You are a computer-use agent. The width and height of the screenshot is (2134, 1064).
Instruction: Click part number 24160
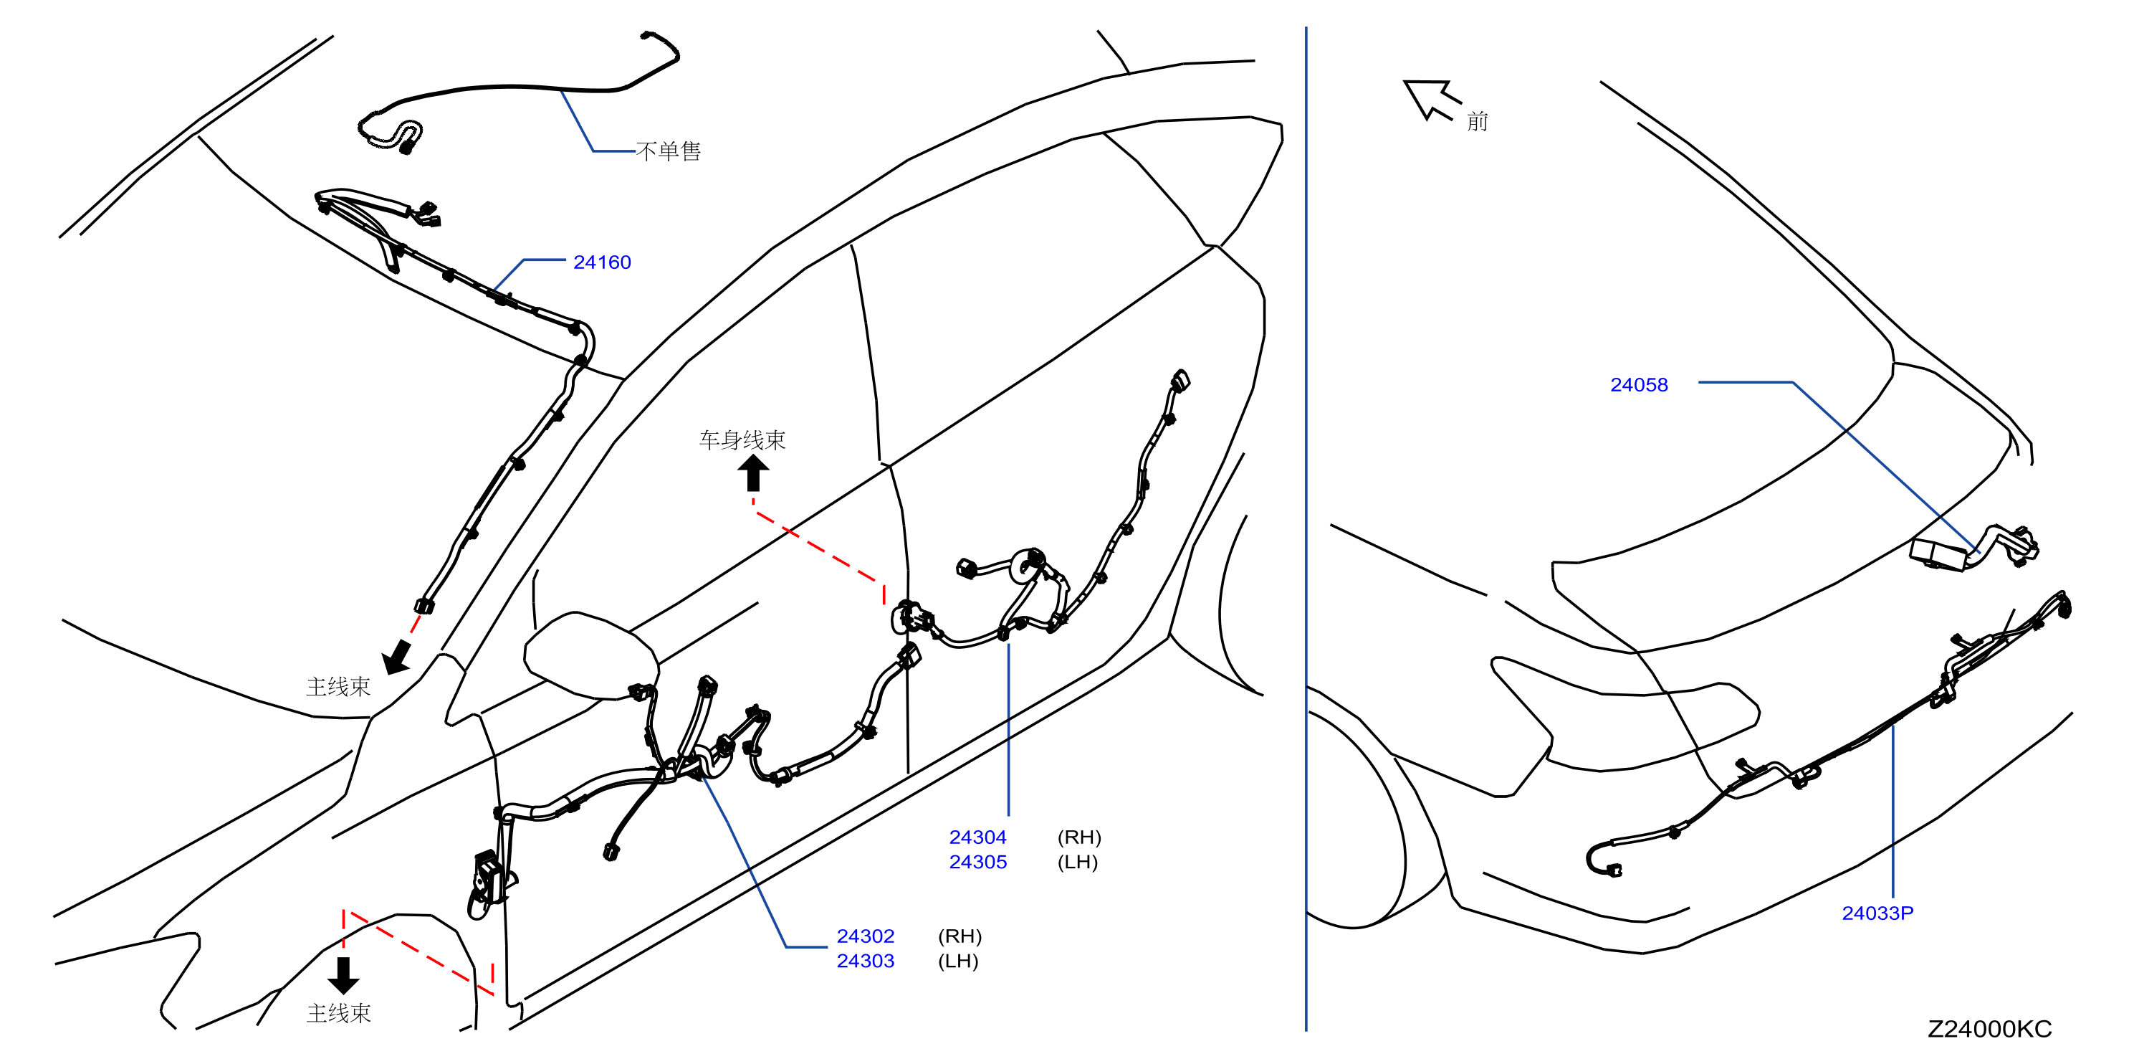pyautogui.click(x=601, y=262)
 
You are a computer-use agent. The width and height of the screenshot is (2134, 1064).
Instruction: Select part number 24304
pyautogui.click(x=977, y=837)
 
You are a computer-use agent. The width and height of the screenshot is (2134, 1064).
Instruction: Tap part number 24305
pyautogui.click(x=977, y=862)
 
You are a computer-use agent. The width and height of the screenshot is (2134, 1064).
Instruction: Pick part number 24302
pyautogui.click(x=865, y=936)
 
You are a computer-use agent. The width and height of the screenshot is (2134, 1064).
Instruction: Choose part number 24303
pyautogui.click(x=865, y=961)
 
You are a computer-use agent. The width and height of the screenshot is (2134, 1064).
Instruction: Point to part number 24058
pyautogui.click(x=1639, y=384)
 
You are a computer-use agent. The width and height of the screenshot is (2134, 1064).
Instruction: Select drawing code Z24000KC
pyautogui.click(x=1989, y=1028)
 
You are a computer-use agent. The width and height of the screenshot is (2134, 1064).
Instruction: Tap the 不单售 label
pyautogui.click(x=669, y=151)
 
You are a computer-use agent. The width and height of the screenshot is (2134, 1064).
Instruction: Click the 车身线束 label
pyautogui.click(x=742, y=440)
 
